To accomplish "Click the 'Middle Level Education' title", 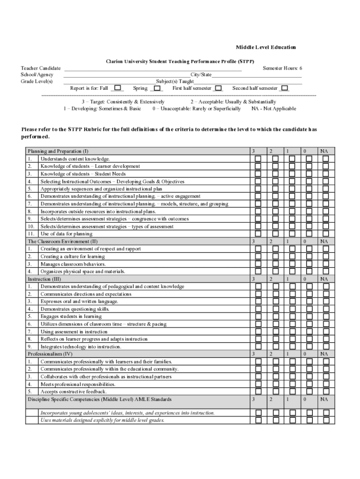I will [x=266, y=47].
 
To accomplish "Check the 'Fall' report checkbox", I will [x=117, y=87].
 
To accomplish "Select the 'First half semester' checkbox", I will [x=218, y=88].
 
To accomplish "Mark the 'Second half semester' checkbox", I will [x=284, y=88].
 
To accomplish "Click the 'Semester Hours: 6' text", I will [x=282, y=68].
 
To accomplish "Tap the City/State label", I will [x=201, y=75].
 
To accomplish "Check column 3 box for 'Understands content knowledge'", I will [x=258, y=159].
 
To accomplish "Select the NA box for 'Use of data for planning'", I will [x=325, y=234].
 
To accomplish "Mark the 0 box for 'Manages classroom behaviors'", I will [x=309, y=264].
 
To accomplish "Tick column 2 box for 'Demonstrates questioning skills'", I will [x=275, y=309].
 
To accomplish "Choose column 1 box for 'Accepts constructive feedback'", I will [x=292, y=392].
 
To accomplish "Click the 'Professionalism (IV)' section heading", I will [x=50, y=354].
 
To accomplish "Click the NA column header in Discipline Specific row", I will [x=324, y=399].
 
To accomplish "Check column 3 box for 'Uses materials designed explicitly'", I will [x=258, y=420].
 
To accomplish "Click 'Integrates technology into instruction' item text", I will [x=80, y=347].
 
